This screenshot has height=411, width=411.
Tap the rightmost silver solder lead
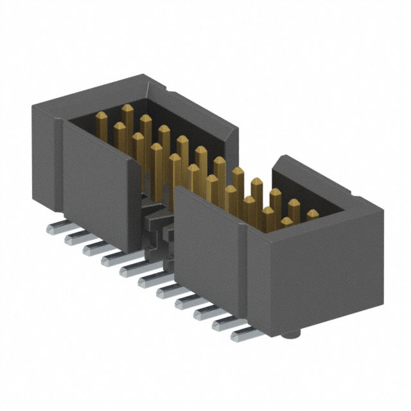click(x=242, y=334)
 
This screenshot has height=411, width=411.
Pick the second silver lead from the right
click(x=224, y=323)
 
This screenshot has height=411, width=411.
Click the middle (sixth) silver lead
click(x=150, y=279)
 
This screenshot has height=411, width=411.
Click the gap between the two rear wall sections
click(x=254, y=164)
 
